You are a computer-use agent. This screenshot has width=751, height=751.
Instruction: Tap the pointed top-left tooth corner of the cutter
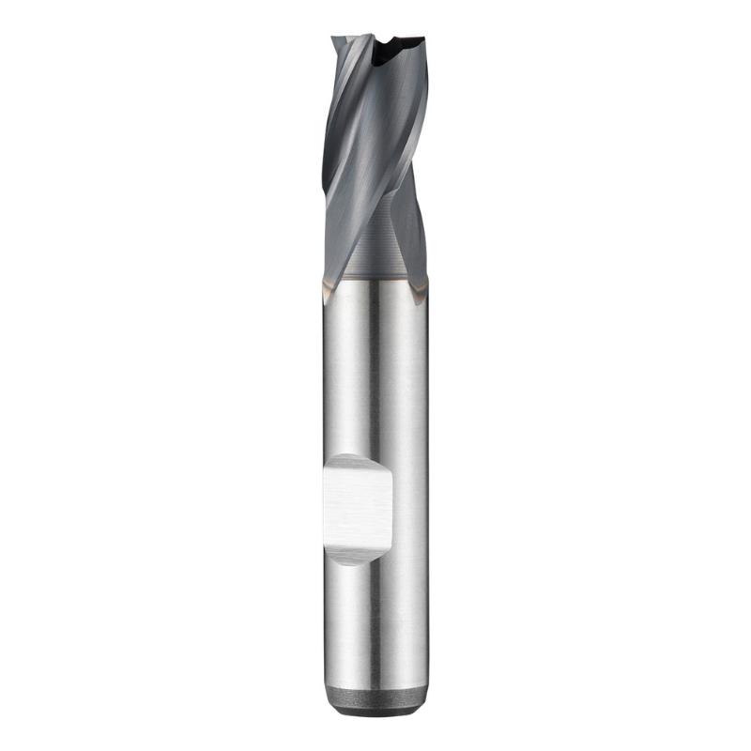click(334, 39)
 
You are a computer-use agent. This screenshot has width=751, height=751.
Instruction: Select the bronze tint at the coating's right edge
click(424, 282)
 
